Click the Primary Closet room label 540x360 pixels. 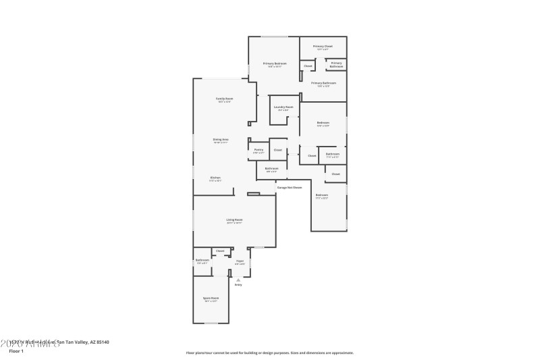pos(323,47)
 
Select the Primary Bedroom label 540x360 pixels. pos(275,63)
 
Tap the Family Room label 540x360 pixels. pos(224,99)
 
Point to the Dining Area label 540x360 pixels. pos(221,140)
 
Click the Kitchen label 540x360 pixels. pos(215,178)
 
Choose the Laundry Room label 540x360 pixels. pos(283,107)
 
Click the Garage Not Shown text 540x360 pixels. pos(289,187)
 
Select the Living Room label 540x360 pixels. pos(234,220)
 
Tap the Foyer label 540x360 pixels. pos(240,261)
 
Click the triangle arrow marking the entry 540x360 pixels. pos(238,279)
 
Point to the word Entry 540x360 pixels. pos(238,285)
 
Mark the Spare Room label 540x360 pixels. pos(211,298)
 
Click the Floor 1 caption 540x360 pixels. pos(16,351)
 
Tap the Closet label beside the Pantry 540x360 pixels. pos(277,149)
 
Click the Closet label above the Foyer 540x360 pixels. pos(220,251)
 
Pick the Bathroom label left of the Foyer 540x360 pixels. pos(202,260)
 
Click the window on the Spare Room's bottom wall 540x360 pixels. pos(211,323)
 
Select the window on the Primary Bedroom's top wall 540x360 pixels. pos(273,36)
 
